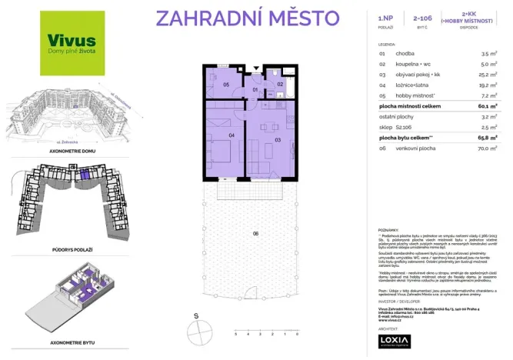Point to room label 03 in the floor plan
click(278, 140)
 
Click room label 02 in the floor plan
click(280, 84)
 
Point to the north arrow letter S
click(196, 315)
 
